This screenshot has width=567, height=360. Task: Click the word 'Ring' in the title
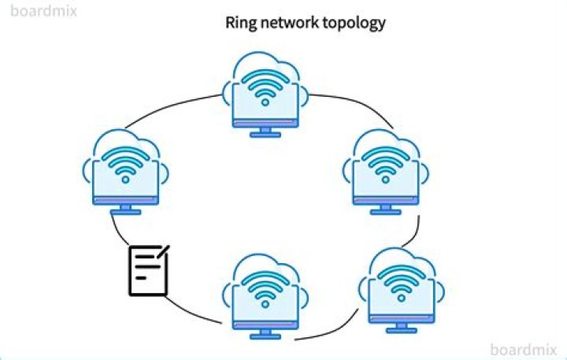tap(239, 22)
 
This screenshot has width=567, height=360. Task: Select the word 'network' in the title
tap(287, 22)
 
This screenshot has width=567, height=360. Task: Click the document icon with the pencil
tap(148, 270)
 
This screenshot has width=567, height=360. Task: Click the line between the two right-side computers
tap(417, 230)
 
